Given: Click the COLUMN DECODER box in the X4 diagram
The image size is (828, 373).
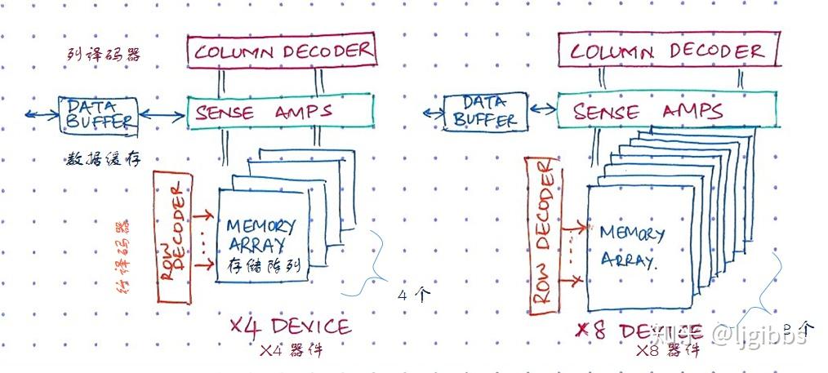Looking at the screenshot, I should click(281, 51).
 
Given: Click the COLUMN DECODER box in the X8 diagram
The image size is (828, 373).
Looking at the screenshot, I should click(667, 51).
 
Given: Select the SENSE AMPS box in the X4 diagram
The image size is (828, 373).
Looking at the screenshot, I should click(280, 112).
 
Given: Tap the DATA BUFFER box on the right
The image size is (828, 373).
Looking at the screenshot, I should click(484, 112).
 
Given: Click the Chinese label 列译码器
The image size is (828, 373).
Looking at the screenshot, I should click(103, 55).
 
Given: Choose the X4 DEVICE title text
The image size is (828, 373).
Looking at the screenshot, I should click(289, 327).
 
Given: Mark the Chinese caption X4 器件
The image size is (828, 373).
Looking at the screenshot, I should click(291, 351).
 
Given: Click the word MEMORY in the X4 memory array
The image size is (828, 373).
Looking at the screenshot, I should click(260, 226).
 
